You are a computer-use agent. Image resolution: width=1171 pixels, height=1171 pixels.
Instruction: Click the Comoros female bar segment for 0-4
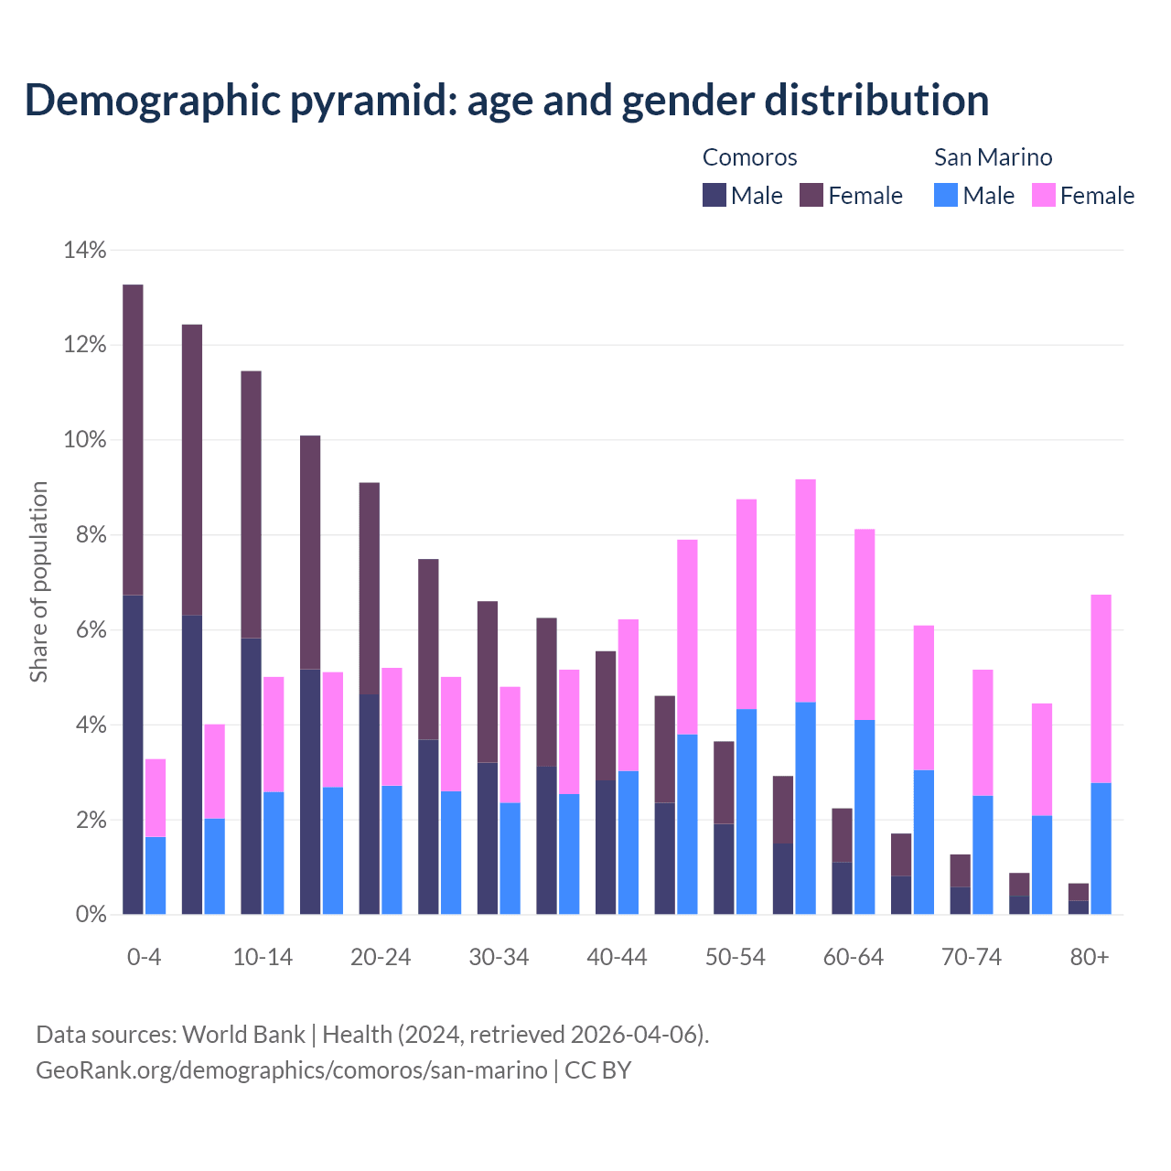(x=133, y=439)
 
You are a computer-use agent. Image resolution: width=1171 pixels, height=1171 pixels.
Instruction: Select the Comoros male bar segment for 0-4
(x=133, y=755)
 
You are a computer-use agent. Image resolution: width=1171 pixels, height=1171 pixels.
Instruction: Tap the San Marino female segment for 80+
(x=1101, y=688)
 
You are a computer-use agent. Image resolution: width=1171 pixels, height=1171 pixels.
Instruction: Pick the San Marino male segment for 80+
(x=1101, y=848)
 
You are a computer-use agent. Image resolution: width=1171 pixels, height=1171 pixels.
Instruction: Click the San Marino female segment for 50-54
(x=747, y=604)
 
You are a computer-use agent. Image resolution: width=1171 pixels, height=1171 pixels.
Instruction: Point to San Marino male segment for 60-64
(x=865, y=817)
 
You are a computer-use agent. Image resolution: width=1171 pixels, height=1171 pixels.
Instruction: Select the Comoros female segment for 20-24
(x=369, y=588)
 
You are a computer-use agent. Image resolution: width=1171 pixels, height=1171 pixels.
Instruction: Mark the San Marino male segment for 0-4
(x=156, y=876)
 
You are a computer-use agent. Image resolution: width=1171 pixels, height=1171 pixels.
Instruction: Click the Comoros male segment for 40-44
(x=606, y=847)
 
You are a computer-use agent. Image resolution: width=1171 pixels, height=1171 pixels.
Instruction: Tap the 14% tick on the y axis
(x=85, y=250)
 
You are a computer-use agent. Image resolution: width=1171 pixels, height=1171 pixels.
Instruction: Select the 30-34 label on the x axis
(x=499, y=958)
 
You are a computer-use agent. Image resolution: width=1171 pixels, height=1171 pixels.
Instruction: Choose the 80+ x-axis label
(x=1090, y=958)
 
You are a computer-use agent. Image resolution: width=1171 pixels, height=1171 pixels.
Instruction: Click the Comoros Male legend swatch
(x=714, y=195)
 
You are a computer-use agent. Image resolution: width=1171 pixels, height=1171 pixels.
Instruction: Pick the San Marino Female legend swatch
(x=1044, y=195)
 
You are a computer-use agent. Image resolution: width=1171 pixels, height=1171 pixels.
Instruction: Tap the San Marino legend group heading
(x=993, y=157)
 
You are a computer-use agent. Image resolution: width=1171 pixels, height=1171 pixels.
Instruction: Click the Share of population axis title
(x=38, y=582)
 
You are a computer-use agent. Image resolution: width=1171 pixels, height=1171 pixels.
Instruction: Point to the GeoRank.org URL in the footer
(x=291, y=1070)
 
